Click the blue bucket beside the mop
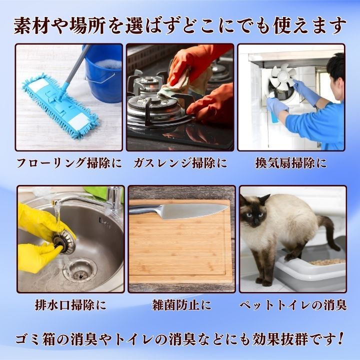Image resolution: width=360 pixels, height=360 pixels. [x=103, y=73]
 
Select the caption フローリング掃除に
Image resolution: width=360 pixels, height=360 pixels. [x=69, y=163]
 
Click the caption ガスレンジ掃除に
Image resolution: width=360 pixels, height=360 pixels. [x=180, y=163]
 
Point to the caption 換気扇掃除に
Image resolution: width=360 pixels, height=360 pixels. [x=291, y=163]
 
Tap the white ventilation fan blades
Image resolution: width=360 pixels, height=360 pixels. [x=282, y=76]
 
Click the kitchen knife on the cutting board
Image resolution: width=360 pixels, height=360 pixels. [x=178, y=210]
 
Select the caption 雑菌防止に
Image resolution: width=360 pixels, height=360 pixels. [x=181, y=305]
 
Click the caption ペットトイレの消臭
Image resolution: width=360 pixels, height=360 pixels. [x=293, y=305]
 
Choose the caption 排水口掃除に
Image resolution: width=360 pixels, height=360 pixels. [x=70, y=305]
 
